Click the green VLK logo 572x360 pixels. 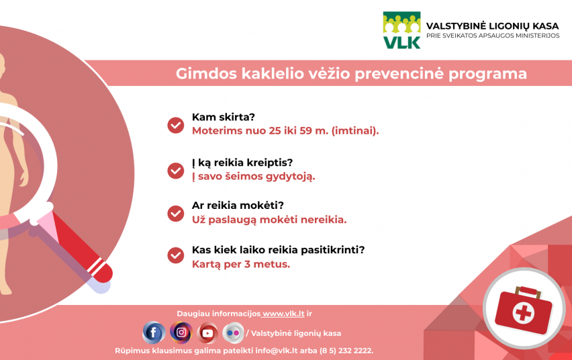401,30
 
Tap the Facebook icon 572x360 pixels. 154,332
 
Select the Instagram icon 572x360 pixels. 181,332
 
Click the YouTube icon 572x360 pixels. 207,332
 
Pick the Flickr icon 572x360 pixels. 233,332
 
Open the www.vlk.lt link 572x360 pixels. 283,314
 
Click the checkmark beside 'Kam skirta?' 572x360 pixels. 175,125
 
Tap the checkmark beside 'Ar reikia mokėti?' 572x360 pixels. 175,213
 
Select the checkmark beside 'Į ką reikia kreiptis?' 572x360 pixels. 175,171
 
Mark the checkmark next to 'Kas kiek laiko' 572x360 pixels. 175,255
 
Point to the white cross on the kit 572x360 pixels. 523,313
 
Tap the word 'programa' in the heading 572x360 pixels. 487,74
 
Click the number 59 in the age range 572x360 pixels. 305,131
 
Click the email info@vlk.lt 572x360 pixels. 276,351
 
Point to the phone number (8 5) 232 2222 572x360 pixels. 346,351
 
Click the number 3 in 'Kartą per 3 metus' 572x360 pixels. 247,265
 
